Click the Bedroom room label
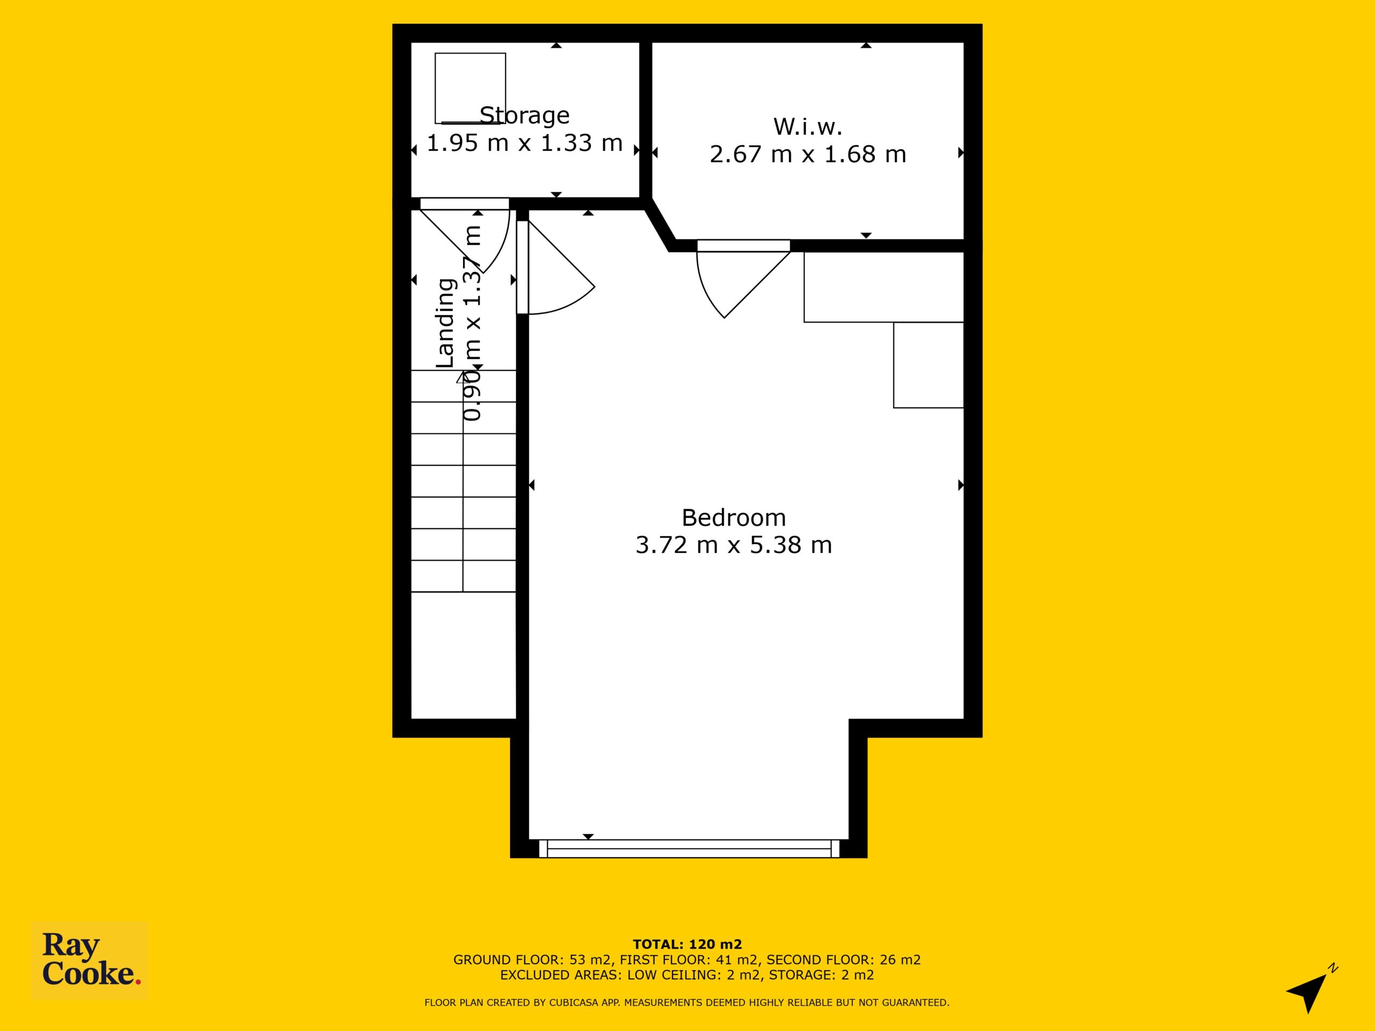pyautogui.click(x=734, y=518)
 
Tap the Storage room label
pyautogui.click(x=525, y=115)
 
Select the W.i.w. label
pyautogui.click(x=807, y=127)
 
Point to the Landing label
pyautogui.click(x=446, y=323)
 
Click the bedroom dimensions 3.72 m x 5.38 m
pyautogui.click(x=734, y=545)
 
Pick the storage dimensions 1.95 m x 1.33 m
pyautogui.click(x=525, y=143)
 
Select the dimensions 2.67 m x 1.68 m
pyautogui.click(x=807, y=154)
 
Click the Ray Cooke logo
pyautogui.click(x=90, y=960)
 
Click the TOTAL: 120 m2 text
pyautogui.click(x=687, y=945)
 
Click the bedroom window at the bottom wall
pyautogui.click(x=689, y=848)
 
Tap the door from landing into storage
pyautogui.click(x=465, y=236)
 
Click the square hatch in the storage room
pyautogui.click(x=470, y=88)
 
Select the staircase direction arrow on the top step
pyautogui.click(x=462, y=377)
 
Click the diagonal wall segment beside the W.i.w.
pyautogui.click(x=660, y=225)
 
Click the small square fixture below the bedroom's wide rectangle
pyautogui.click(x=929, y=365)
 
